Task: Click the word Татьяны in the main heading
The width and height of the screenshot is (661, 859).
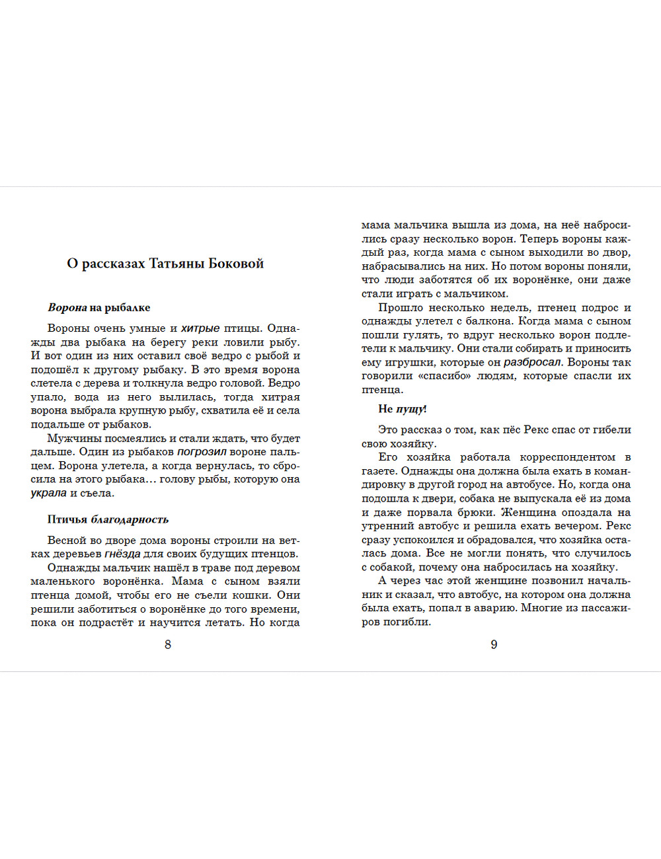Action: coord(176,264)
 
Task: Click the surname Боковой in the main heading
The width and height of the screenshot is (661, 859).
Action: coord(236,264)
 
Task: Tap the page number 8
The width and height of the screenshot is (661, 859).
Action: coord(168,644)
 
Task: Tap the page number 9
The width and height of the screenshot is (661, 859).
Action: coord(494,644)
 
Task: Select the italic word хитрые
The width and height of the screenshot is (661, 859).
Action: coord(200,328)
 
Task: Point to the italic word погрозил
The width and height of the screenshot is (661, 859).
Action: coord(202,452)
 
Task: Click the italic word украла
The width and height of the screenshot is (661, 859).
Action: coord(48,493)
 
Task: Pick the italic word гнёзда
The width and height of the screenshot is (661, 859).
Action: coord(122,554)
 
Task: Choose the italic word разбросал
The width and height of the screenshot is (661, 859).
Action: coord(532,362)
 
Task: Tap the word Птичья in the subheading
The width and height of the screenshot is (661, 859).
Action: coord(67,519)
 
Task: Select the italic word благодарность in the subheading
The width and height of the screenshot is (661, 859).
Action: coord(130,519)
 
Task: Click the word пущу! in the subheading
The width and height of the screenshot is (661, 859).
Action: coord(411,409)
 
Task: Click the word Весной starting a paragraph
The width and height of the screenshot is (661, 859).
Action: coord(67,540)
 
